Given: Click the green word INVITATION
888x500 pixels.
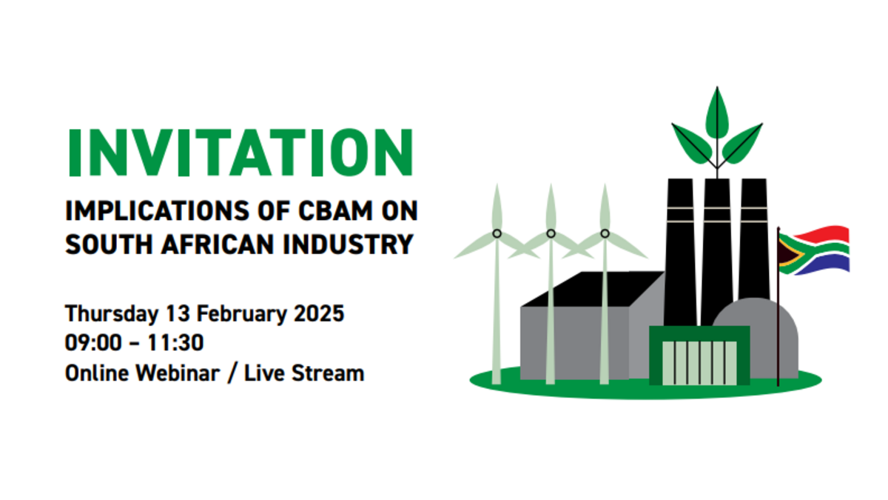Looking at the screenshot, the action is [x=241, y=153].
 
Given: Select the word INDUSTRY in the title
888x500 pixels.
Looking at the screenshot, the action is [x=349, y=244].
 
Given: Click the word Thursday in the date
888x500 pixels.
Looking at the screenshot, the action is [x=112, y=314].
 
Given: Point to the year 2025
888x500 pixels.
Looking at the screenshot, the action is [x=319, y=313].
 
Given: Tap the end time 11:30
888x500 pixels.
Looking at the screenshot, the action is [x=175, y=342].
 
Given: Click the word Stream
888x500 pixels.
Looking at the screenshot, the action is [x=327, y=373].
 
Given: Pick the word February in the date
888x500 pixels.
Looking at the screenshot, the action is [x=242, y=314].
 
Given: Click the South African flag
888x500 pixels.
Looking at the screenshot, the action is [x=813, y=250].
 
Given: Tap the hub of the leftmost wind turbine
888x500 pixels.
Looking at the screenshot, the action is [x=497, y=234].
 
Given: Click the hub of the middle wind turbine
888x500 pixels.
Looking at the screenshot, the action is [x=551, y=234].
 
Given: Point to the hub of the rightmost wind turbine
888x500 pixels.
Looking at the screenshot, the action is [x=605, y=234].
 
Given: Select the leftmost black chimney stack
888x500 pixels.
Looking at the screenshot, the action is [x=680, y=253].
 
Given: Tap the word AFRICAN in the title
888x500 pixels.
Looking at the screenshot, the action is [x=218, y=244].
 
